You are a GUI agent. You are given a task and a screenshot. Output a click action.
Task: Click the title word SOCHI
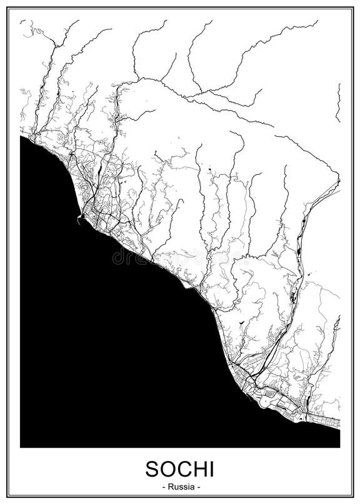tap(179, 469)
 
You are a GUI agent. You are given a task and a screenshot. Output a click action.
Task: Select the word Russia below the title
tap(179, 486)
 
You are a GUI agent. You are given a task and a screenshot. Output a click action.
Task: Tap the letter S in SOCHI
tap(151, 469)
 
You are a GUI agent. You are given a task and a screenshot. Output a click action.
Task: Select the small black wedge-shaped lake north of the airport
tap(241, 320)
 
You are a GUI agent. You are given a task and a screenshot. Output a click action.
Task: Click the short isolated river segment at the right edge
tap(338, 103)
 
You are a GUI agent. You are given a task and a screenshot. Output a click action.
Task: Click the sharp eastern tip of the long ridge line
tap(339, 180)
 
